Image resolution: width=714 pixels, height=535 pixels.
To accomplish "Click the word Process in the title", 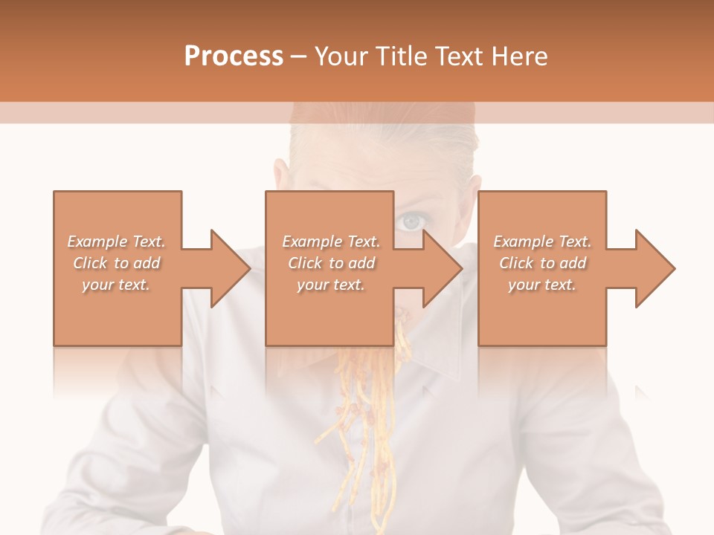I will click(x=234, y=56).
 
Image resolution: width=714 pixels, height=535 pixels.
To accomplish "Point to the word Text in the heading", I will click(x=458, y=56).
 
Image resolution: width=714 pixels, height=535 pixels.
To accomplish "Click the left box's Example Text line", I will click(x=116, y=241).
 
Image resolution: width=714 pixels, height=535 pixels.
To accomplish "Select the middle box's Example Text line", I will click(x=331, y=241).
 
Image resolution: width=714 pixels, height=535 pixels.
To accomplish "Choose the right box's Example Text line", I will click(x=542, y=241).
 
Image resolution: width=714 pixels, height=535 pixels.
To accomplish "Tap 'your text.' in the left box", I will click(x=116, y=285).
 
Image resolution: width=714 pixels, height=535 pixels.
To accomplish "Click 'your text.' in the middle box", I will click(x=331, y=285).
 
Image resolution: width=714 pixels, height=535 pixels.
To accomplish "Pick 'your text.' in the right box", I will click(x=542, y=285).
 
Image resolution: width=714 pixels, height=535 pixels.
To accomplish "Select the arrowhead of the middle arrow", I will click(x=442, y=268).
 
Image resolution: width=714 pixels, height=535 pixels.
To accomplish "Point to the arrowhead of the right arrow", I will click(x=654, y=268).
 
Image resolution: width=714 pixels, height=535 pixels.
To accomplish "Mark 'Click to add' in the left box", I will click(x=116, y=263).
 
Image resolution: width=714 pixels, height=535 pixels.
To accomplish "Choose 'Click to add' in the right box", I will click(x=542, y=263).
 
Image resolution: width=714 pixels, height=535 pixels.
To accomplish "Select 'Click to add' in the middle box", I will click(x=331, y=263).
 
